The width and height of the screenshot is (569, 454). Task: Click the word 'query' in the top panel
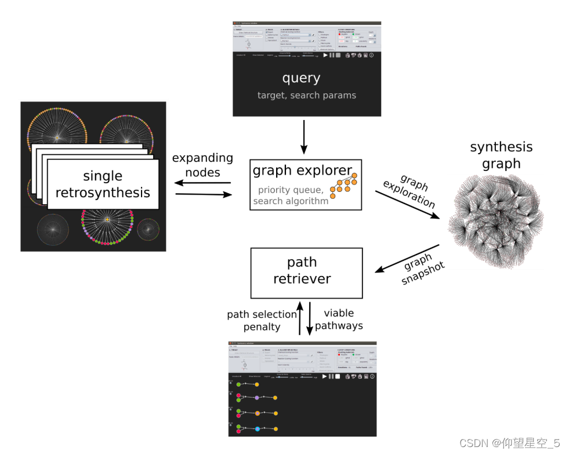coord(301,78)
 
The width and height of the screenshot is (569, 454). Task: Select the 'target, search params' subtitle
coord(306,95)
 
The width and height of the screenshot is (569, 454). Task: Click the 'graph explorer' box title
coord(302,170)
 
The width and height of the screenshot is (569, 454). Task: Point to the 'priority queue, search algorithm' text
coord(291,195)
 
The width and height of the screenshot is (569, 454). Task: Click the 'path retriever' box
coord(306,270)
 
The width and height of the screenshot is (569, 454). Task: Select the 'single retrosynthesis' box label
coord(103,184)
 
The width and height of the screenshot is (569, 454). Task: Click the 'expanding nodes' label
coord(202,165)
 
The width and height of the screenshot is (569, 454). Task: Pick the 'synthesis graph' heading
coord(501,155)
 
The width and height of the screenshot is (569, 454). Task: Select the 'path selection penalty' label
coord(262,321)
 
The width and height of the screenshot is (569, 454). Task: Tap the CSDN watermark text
coord(509,443)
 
